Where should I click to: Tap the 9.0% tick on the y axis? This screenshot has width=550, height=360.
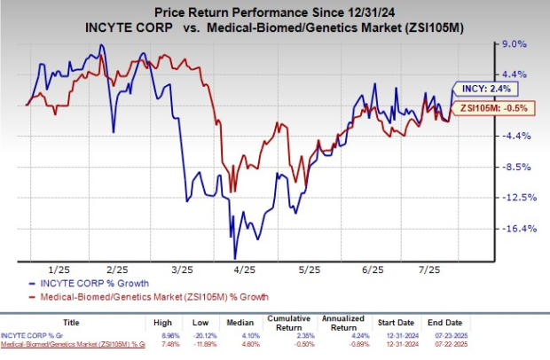(x=516, y=43)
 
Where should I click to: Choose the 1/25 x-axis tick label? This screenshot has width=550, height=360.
(x=59, y=269)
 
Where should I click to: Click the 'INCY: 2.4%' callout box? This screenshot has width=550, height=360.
(x=483, y=89)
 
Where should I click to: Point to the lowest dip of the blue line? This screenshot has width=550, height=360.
(x=235, y=257)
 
